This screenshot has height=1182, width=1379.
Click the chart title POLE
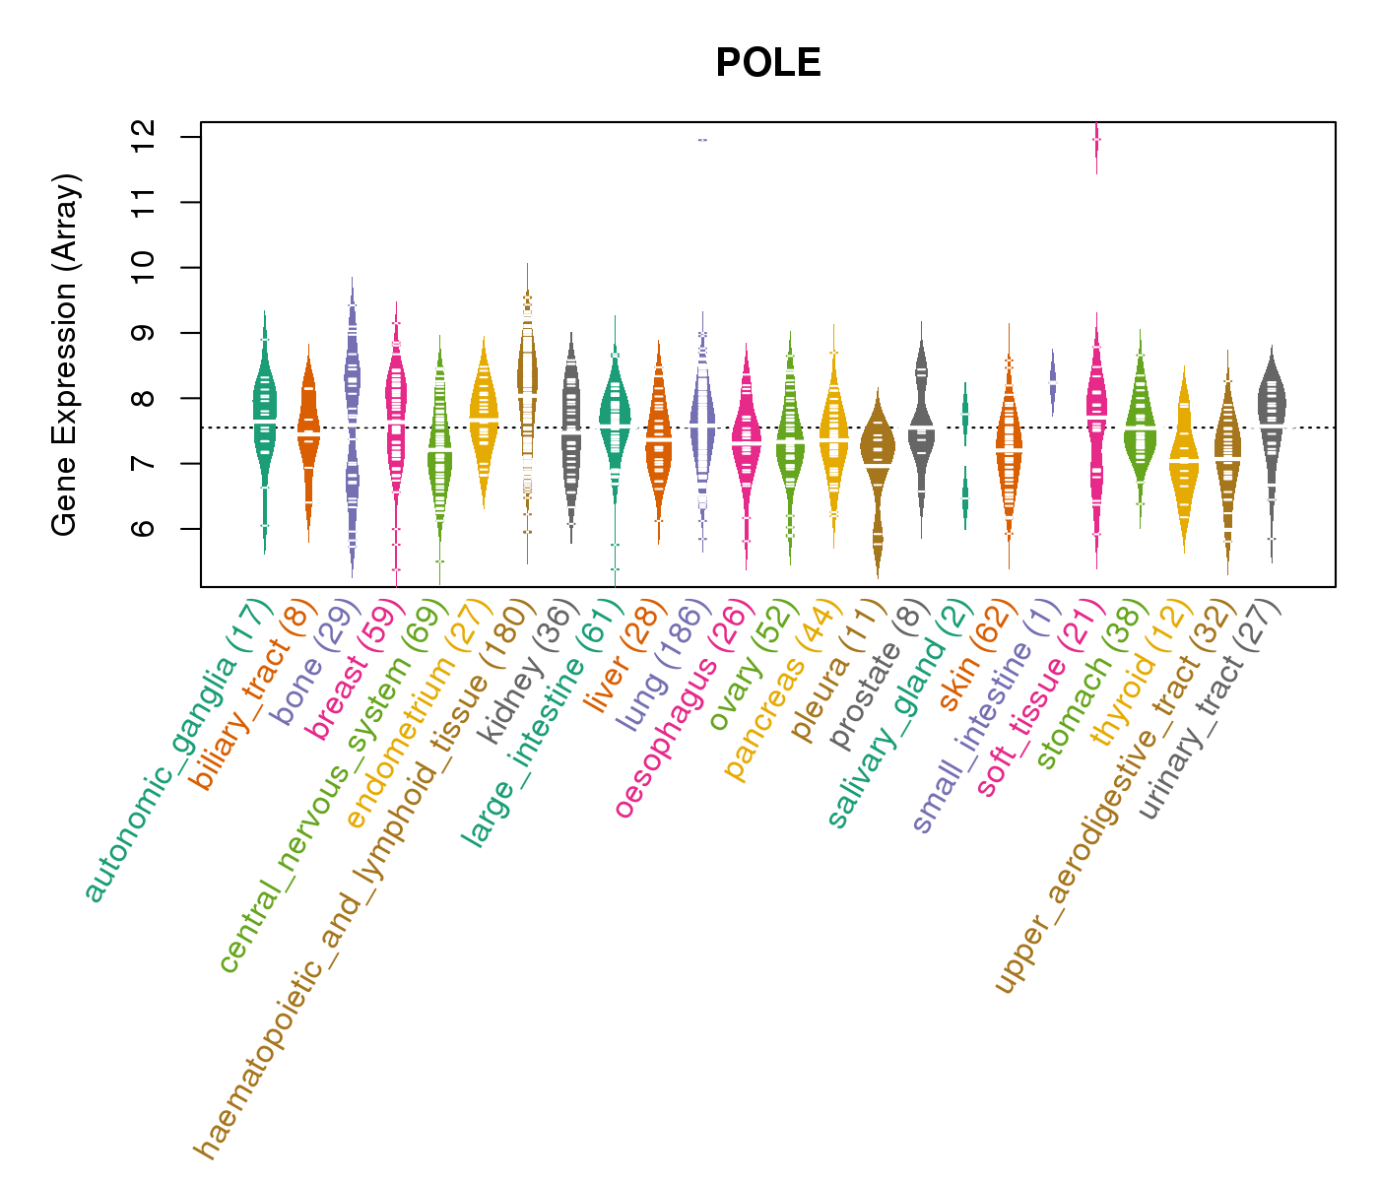click(x=767, y=63)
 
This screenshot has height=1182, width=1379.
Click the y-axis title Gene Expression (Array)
click(x=65, y=355)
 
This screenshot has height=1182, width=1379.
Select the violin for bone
click(x=352, y=424)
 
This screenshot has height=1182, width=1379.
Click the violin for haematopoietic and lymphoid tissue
click(x=527, y=394)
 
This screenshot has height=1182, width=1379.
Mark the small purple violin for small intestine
click(x=1052, y=380)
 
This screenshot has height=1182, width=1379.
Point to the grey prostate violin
click(x=921, y=424)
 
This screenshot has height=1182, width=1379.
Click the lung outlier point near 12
click(x=702, y=140)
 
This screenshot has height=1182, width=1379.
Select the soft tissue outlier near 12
click(x=1096, y=141)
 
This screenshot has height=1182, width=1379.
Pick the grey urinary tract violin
click(x=1272, y=414)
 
